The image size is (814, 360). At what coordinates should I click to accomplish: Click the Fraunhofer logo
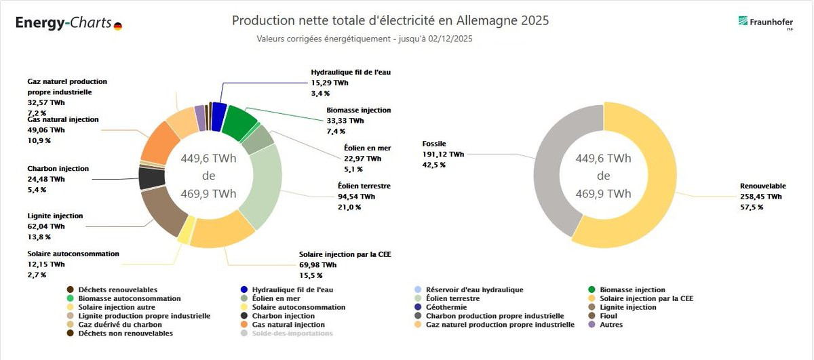(765, 23)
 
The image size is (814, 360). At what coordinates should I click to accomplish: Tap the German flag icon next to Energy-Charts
(118, 26)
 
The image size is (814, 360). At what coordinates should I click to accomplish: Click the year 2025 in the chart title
(535, 20)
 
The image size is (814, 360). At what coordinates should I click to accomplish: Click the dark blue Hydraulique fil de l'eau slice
(218, 116)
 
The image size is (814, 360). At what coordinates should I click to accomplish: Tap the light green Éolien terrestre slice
(263, 185)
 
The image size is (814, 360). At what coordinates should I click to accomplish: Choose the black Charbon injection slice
(151, 178)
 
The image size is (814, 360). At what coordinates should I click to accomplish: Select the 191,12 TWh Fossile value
(443, 154)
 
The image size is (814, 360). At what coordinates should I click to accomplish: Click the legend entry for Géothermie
(442, 307)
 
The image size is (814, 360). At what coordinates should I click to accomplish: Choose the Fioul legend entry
(604, 316)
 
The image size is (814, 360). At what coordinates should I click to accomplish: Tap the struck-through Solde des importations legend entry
(287, 333)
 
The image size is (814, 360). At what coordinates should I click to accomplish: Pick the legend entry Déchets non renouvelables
(120, 333)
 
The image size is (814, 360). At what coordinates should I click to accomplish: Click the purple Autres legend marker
(592, 324)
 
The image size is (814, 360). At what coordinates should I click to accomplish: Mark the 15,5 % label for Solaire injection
(311, 275)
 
